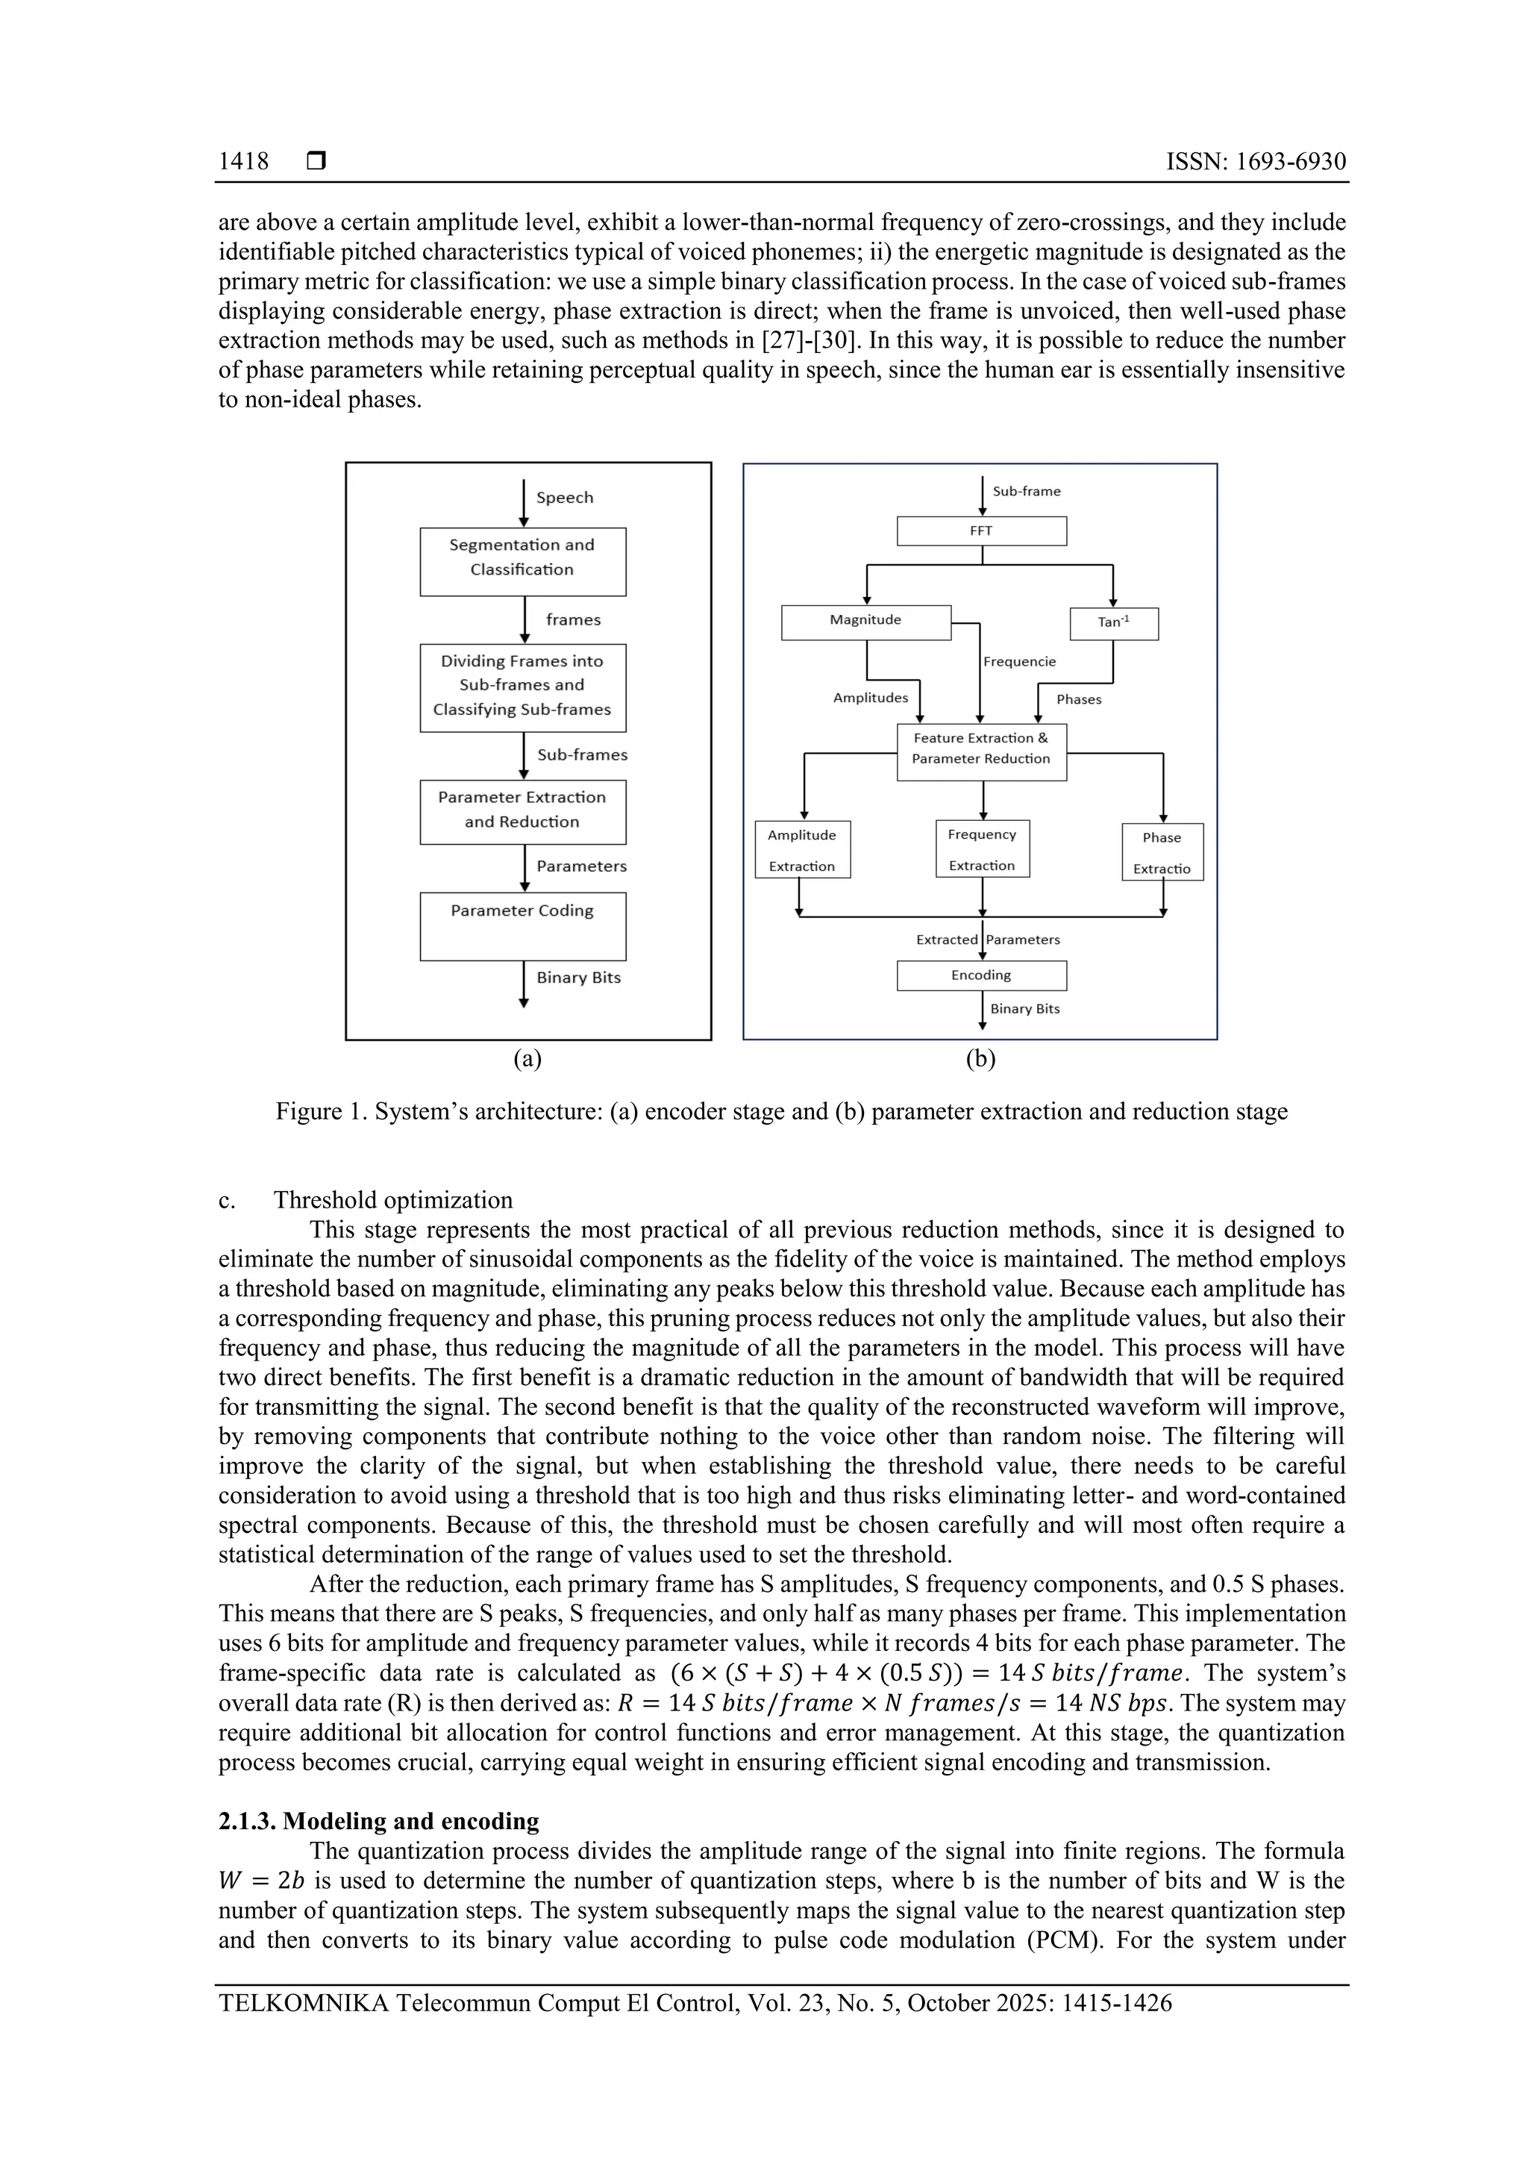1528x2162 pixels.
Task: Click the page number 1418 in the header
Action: [243, 162]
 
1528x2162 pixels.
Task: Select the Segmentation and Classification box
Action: [522, 561]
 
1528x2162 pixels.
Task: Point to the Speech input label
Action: [564, 497]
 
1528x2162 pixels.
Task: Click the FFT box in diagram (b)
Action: [981, 531]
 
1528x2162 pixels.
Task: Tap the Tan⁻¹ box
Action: [1113, 623]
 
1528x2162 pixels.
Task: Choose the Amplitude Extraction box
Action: [802, 849]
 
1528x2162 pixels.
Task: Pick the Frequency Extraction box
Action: [982, 849]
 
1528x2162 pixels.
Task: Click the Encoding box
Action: [981, 975]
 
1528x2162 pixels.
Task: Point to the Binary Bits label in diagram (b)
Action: [1024, 1008]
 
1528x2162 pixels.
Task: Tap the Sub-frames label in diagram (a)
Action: [582, 755]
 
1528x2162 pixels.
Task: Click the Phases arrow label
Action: [1078, 699]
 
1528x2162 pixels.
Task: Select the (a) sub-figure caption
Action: [527, 1059]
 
